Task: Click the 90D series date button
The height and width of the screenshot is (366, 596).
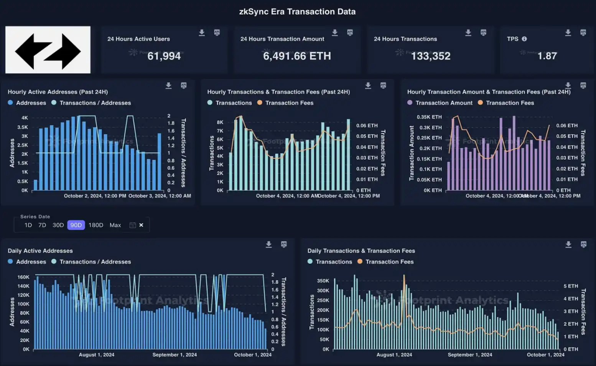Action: (x=76, y=225)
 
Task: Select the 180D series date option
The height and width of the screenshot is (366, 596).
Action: (x=96, y=225)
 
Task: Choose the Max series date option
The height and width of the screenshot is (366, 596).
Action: (x=115, y=225)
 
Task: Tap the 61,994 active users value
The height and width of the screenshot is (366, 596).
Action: (x=164, y=56)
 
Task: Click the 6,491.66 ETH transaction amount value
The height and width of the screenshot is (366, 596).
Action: (x=297, y=56)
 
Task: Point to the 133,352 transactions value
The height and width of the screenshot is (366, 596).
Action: (x=431, y=56)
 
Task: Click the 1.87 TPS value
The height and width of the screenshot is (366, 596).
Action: (x=547, y=56)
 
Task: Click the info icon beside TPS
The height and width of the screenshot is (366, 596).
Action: (x=524, y=39)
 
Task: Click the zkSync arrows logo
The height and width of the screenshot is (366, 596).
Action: (x=48, y=50)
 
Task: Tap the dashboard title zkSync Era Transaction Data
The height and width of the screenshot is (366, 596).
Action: (x=297, y=11)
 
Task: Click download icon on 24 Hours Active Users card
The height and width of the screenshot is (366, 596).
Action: (x=202, y=33)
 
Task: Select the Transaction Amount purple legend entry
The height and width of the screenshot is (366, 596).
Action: (x=440, y=103)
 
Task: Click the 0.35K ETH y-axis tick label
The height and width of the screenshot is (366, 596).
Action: (x=429, y=117)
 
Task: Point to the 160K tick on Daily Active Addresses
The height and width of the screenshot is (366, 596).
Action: (x=23, y=277)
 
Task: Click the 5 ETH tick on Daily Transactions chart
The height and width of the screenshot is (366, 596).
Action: (x=571, y=286)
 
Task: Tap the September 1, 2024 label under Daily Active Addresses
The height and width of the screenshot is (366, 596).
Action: (x=175, y=355)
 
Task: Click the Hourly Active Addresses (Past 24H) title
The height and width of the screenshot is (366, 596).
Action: (x=58, y=92)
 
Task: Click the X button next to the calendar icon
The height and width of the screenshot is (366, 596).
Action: (x=141, y=225)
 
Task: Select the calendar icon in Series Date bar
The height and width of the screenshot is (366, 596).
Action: (x=132, y=225)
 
